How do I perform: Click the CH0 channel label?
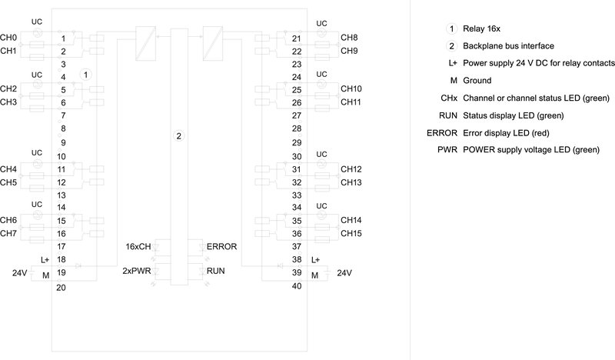coord(8,37)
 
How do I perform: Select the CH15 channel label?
coord(351,233)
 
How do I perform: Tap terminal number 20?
coord(61,288)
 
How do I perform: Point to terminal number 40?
coord(296,288)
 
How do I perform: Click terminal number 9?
coord(61,142)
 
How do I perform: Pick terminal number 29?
coord(296,142)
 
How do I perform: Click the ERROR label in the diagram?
coord(221,246)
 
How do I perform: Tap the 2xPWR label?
coord(136,271)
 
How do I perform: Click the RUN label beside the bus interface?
coord(215,271)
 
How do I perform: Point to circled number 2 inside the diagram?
coord(178,136)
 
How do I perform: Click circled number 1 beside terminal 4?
coord(86,75)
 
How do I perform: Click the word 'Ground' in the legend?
coord(477,80)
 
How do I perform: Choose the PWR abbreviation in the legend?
coord(447,149)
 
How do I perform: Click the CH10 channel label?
coord(351,89)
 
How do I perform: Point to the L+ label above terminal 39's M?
coord(316,260)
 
